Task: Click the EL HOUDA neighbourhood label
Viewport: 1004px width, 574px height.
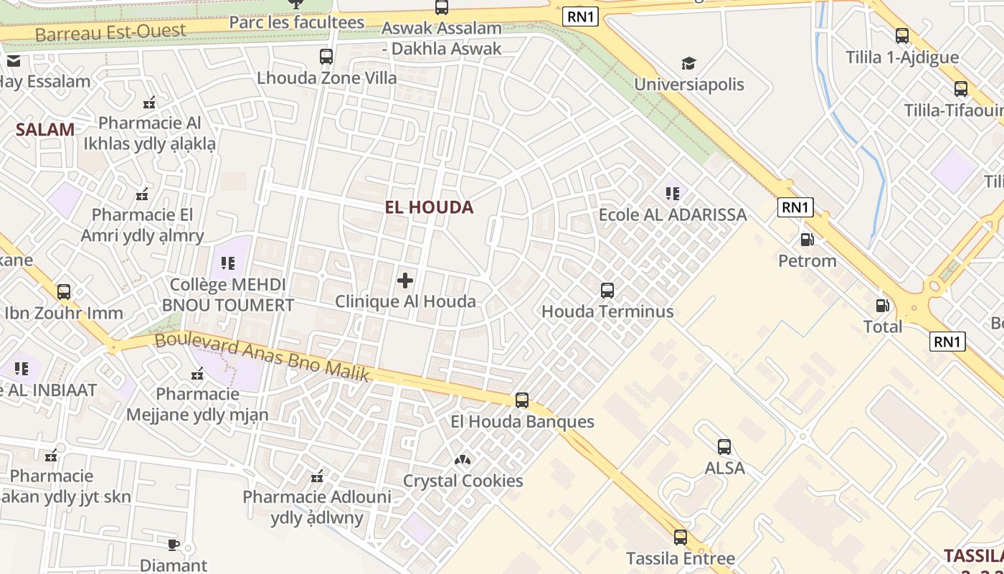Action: point(429,207)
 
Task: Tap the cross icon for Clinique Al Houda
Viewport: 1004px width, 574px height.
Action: point(405,281)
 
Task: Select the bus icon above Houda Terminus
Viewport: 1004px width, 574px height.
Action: point(607,291)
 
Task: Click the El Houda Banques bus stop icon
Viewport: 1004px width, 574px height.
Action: point(522,400)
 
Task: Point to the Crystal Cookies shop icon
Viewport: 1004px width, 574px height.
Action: point(463,459)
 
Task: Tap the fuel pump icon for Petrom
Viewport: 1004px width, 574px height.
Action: point(808,240)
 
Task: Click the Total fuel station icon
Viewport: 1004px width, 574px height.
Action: point(883,306)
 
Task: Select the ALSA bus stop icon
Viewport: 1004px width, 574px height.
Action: point(724,447)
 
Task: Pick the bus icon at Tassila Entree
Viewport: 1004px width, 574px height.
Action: point(680,537)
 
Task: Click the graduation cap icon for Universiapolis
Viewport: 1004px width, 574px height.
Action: point(688,63)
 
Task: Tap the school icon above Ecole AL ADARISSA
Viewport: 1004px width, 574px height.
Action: point(672,193)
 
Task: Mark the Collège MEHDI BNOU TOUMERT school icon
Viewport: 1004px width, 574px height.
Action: point(228,263)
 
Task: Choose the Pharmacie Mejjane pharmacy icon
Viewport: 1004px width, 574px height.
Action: point(197,373)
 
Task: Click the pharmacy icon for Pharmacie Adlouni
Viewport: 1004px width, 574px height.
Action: point(317,476)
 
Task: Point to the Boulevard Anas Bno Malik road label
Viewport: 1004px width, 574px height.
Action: point(262,357)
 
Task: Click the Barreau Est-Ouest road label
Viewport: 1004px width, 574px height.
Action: point(110,32)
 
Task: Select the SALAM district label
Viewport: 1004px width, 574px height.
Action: point(45,130)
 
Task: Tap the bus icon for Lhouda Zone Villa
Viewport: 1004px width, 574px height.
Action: point(326,56)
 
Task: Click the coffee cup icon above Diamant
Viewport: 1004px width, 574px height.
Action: point(173,545)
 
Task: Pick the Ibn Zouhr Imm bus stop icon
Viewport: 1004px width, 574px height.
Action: point(64,292)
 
